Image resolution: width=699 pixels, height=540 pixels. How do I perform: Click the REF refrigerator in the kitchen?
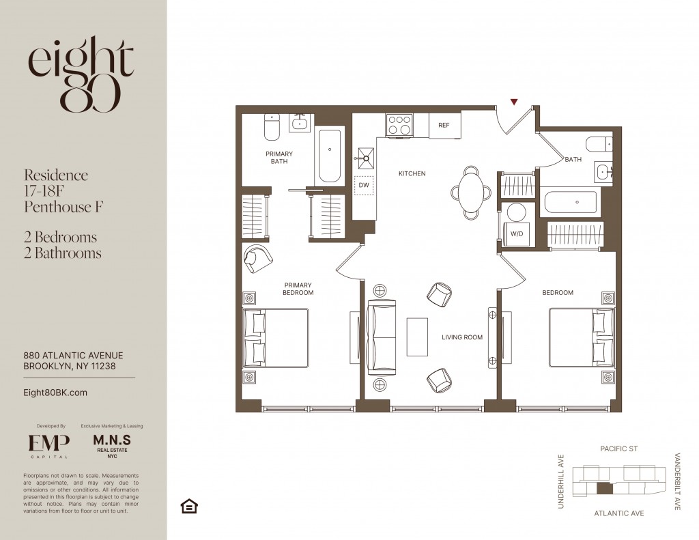click(444, 125)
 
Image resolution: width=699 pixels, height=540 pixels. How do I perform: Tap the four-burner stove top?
click(399, 125)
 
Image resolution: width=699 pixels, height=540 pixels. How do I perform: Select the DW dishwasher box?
click(364, 185)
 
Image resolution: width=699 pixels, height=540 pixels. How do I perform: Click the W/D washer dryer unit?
click(517, 225)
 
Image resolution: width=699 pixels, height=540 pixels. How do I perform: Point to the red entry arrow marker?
click(514, 102)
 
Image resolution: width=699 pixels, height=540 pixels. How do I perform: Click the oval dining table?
click(471, 193)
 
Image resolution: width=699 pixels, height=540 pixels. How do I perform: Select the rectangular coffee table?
click(417, 337)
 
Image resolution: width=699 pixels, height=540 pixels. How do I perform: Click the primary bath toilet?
click(272, 127)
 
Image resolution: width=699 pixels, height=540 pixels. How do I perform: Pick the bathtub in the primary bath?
click(330, 155)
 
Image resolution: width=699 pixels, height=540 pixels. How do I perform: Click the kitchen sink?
click(365, 158)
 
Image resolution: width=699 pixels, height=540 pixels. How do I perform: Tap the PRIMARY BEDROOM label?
click(298, 289)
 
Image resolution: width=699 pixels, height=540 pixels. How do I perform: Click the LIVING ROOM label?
click(462, 337)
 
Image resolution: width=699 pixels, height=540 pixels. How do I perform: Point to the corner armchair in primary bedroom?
click(257, 259)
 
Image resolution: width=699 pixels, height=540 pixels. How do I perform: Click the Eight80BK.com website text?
click(55, 393)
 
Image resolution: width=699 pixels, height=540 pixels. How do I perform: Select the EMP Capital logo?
click(49, 446)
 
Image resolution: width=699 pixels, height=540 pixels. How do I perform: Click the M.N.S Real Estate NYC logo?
click(112, 446)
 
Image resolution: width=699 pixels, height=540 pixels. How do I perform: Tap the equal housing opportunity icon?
click(189, 506)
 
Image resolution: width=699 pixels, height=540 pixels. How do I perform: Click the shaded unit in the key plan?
click(605, 488)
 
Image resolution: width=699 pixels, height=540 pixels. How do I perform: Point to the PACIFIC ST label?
click(618, 449)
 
